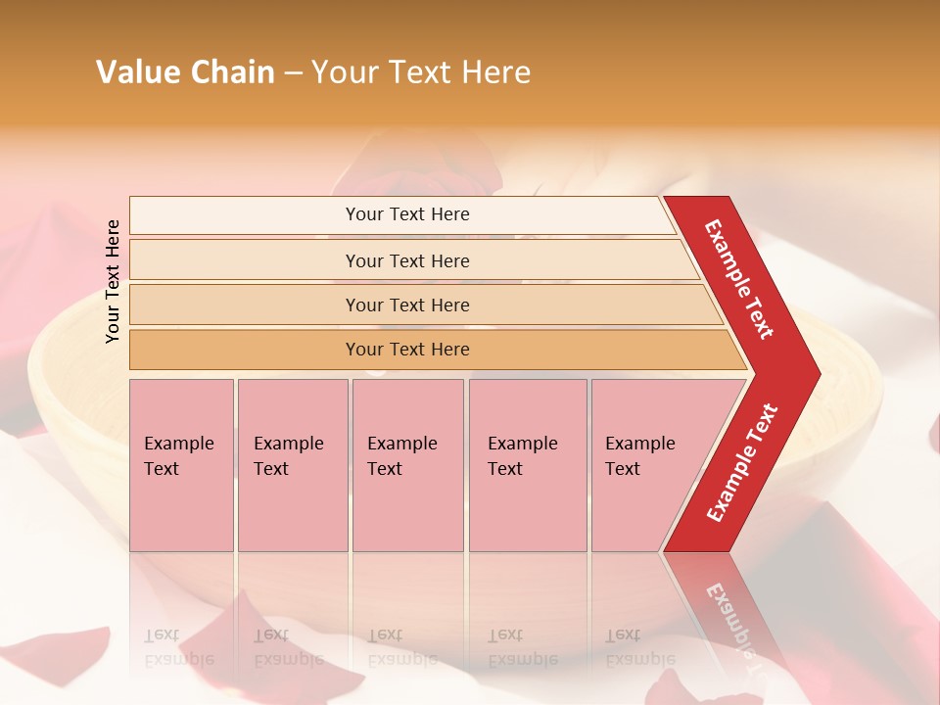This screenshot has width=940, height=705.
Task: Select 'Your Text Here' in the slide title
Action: pos(421,72)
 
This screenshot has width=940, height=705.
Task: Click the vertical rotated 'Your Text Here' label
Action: pos(113,281)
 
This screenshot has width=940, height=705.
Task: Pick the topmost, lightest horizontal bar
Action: pos(401,214)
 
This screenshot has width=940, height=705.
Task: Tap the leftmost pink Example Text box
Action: pos(181,465)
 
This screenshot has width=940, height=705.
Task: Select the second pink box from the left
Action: pos(293,465)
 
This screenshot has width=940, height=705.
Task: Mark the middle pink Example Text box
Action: pos(407,465)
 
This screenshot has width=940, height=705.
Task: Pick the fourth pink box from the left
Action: pos(528,465)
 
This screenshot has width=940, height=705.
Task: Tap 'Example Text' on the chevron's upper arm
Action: pos(739,279)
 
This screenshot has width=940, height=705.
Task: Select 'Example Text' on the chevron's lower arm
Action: pos(742,462)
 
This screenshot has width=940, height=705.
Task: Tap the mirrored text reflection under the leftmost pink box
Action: pos(179,647)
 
